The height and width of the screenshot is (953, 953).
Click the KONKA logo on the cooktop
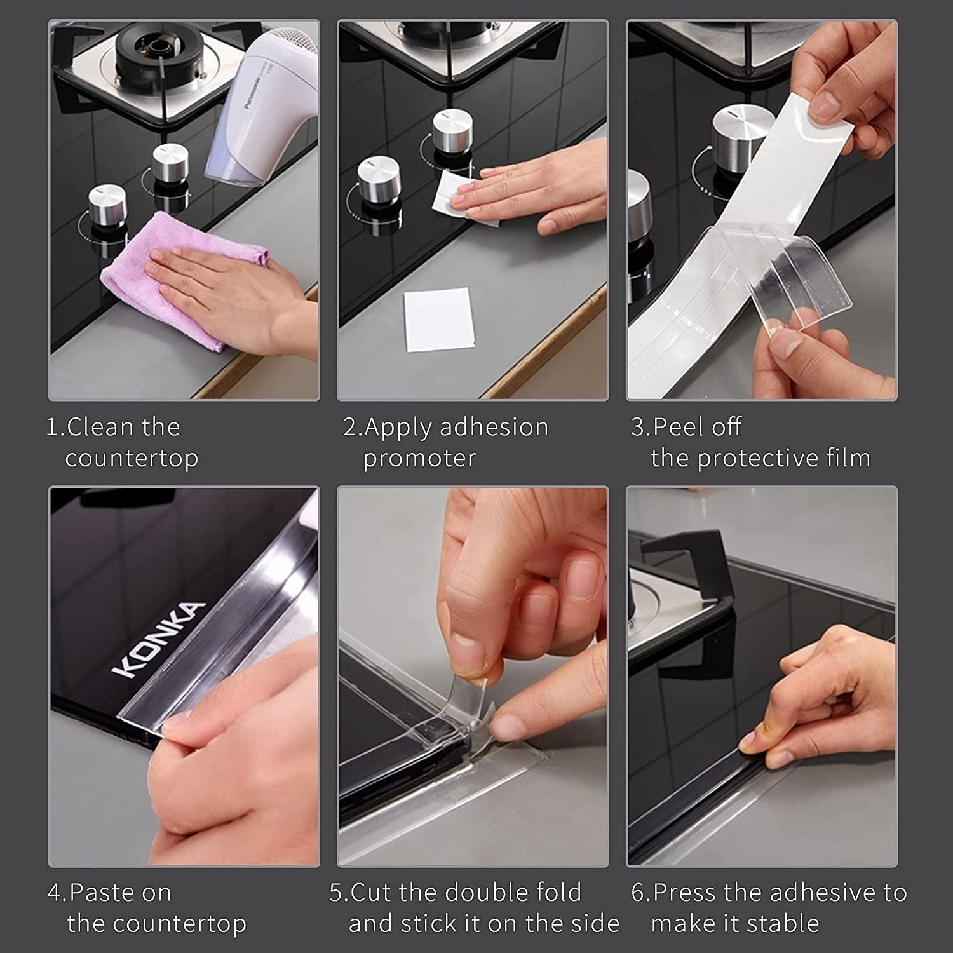[159, 640]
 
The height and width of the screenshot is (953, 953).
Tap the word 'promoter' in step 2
[419, 458]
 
